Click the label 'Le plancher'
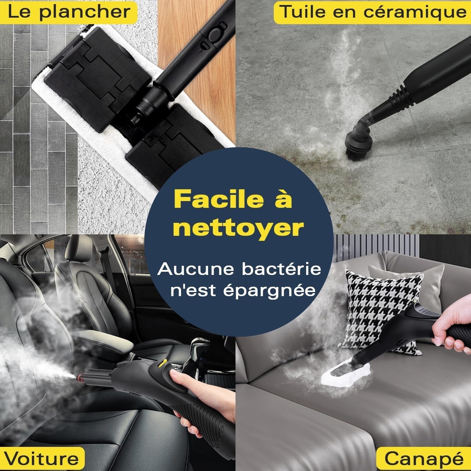coord(69,12)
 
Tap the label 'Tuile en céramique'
coord(372,12)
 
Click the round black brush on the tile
coord(357,144)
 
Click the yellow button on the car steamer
coord(161,364)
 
